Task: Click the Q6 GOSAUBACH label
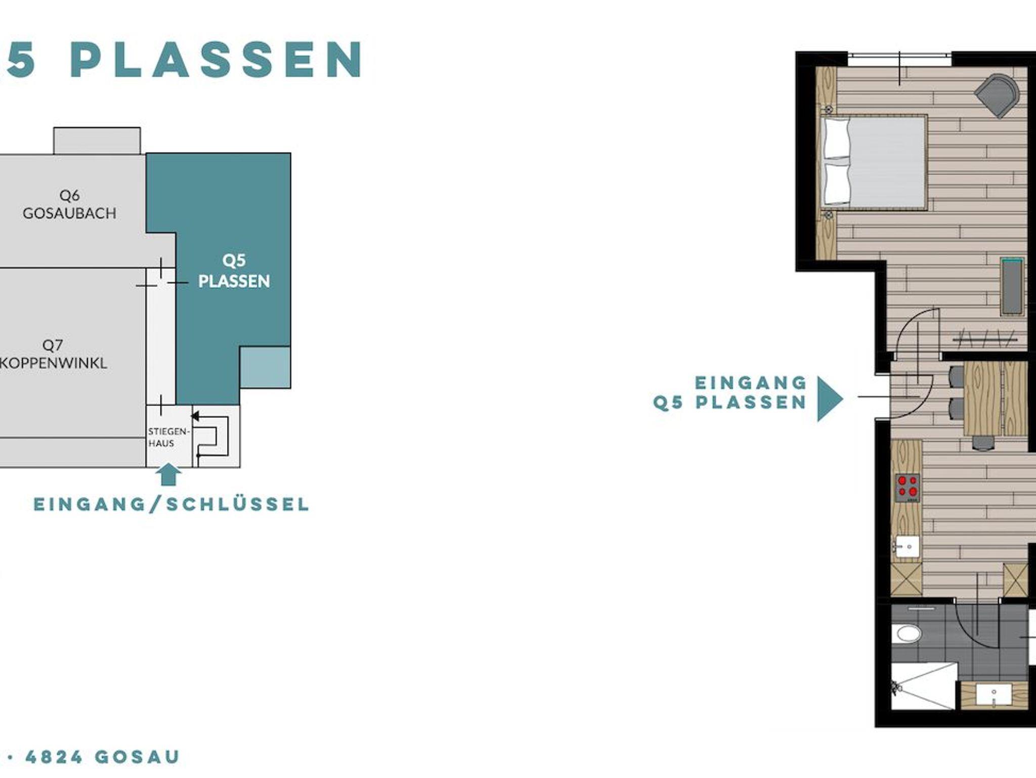pyautogui.click(x=69, y=204)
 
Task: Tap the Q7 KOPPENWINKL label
pyautogui.click(x=53, y=354)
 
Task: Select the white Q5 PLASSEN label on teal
pyautogui.click(x=234, y=271)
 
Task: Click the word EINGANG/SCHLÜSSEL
pyautogui.click(x=171, y=504)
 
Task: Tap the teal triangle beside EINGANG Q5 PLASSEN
pyautogui.click(x=830, y=399)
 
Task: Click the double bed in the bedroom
pyautogui.click(x=874, y=161)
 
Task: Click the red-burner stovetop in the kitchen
pyautogui.click(x=908, y=487)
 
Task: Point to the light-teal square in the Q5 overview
pyautogui.click(x=265, y=367)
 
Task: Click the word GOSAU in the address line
pyautogui.click(x=137, y=757)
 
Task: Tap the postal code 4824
pyautogui.click(x=54, y=757)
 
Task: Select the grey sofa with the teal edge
pyautogui.click(x=1012, y=287)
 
